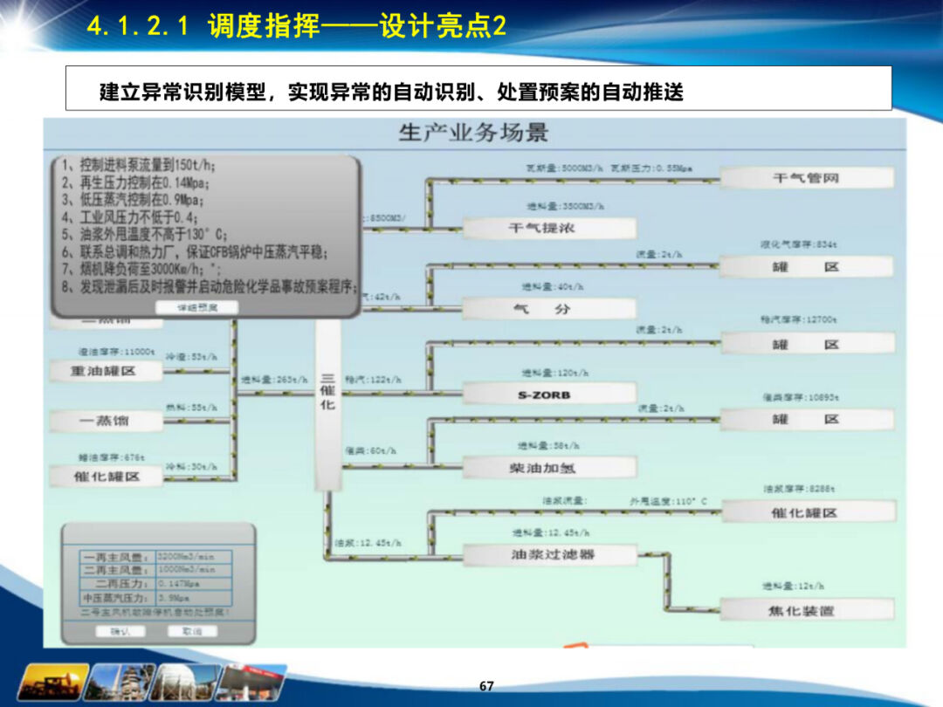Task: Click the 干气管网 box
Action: pyautogui.click(x=806, y=178)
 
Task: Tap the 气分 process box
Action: pyautogui.click(x=548, y=309)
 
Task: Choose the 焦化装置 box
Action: pyautogui.click(x=806, y=610)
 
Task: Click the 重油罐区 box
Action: pyautogui.click(x=105, y=372)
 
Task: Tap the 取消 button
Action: pyautogui.click(x=191, y=631)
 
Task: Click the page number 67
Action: pyautogui.click(x=486, y=686)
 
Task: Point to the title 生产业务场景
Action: pyautogui.click(x=474, y=133)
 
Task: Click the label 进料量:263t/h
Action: pyautogui.click(x=274, y=380)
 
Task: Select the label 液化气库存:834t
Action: pyautogui.click(x=798, y=245)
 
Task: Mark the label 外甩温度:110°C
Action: pyautogui.click(x=668, y=502)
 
